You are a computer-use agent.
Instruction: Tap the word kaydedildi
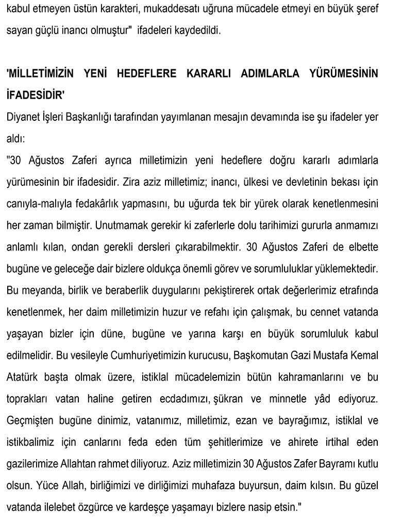(197, 30)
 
